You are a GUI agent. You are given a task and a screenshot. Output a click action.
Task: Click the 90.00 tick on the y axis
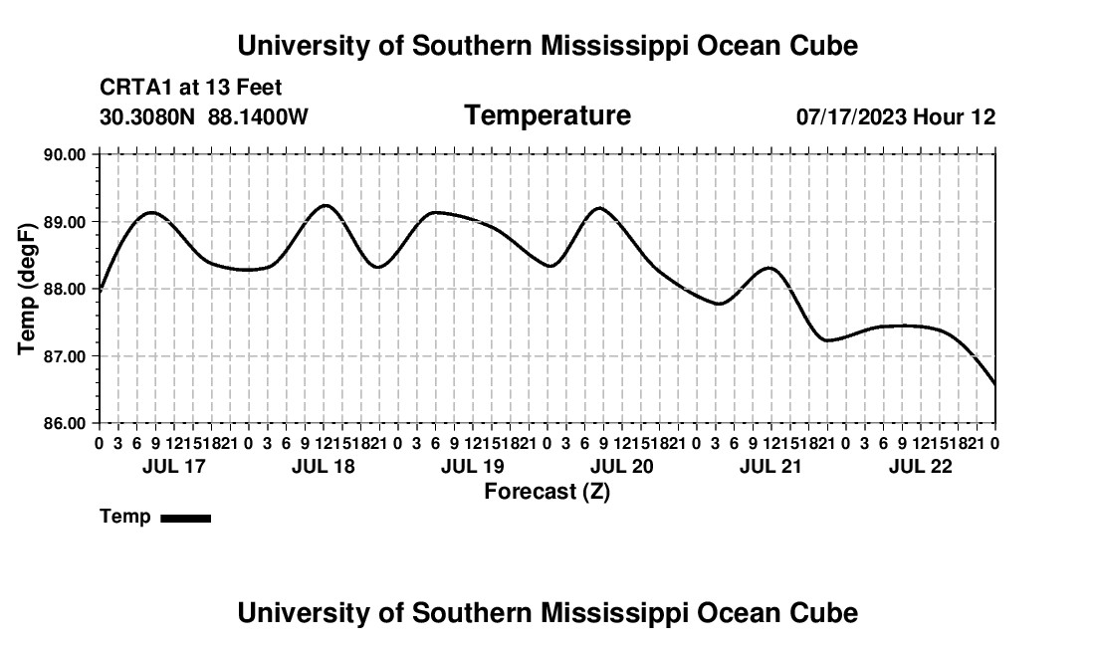65,154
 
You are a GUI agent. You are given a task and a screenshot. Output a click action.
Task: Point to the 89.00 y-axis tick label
65,222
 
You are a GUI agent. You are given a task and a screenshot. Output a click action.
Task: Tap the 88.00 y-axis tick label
65,289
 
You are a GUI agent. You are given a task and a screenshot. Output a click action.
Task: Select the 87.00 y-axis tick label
65,356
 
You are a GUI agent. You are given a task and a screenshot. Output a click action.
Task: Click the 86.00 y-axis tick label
65,423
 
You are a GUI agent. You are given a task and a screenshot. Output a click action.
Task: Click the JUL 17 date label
174,466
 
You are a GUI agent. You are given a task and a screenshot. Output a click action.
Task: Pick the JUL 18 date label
324,466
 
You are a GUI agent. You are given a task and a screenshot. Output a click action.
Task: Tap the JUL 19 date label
473,466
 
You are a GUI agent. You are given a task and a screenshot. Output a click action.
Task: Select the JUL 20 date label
622,466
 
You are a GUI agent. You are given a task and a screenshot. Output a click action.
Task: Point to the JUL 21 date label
770,466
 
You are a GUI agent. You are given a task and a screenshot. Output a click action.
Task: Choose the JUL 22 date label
921,466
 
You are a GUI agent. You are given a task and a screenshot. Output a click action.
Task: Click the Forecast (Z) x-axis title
547,492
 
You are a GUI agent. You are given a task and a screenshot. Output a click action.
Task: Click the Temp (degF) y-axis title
27,289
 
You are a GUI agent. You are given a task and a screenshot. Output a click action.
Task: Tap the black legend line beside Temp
186,518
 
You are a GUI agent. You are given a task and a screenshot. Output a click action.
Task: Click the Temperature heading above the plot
547,115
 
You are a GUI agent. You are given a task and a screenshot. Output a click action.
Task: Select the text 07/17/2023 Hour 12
896,116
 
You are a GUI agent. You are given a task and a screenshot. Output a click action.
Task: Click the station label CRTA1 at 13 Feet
191,88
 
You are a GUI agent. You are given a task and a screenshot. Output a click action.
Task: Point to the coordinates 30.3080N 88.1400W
204,116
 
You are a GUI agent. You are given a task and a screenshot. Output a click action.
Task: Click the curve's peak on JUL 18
326,205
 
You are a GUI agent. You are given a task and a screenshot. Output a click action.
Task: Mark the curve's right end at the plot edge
994,383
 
